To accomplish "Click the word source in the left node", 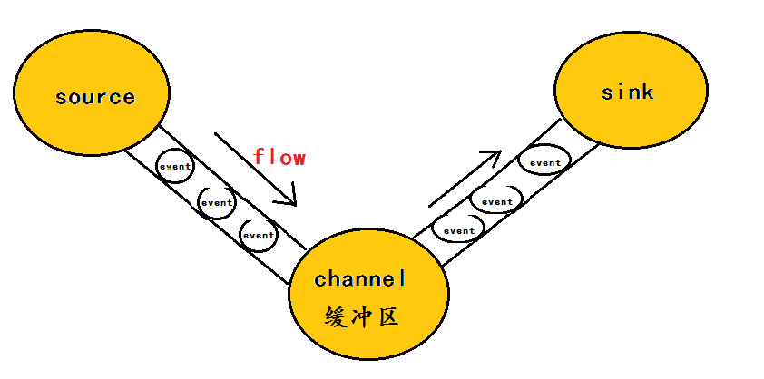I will pos(94,97).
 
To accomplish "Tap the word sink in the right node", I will pos(626,92).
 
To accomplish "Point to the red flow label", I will pos(279,157).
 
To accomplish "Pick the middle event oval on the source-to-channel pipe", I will pos(217,202).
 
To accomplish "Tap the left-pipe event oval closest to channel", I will pos(258,235).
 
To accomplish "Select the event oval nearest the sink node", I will pos(544,163).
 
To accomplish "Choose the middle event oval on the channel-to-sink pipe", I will pos(497,201).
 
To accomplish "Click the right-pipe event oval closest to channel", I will pos(458,230).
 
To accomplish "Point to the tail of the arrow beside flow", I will pos(216,135).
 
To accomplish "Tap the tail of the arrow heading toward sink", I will pos(430,205).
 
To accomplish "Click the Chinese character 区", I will pos(389,318).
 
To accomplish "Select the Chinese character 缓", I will pos(336,318).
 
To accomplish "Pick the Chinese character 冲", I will pos(362,318).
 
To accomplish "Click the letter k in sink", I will pos(646,92).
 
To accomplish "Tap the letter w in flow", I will pos(299,158).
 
